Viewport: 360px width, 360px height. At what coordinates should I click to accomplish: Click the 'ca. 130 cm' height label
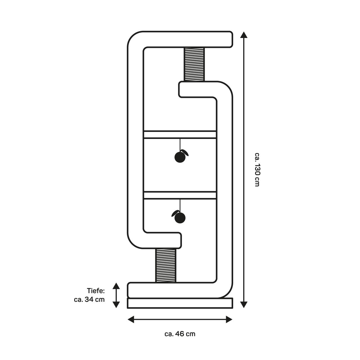tap(257, 170)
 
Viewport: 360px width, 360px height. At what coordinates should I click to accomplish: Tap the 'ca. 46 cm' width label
tap(180, 334)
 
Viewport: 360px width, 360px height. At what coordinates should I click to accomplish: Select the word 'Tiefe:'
tap(96, 290)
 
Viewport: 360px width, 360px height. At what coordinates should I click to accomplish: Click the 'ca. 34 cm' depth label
tap(89, 299)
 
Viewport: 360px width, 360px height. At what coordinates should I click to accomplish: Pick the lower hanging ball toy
tap(179, 218)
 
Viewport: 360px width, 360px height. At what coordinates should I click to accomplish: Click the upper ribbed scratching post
tap(194, 64)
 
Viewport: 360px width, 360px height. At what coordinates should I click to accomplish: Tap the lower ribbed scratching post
tap(166, 265)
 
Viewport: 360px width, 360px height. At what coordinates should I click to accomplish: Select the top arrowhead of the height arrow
tap(244, 35)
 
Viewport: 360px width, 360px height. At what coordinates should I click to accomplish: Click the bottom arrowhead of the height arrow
tap(244, 304)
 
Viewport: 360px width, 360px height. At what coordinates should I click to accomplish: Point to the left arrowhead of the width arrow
tap(131, 319)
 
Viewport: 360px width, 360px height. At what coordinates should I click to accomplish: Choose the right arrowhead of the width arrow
tap(229, 319)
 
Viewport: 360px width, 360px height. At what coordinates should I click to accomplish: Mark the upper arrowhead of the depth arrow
tap(116, 286)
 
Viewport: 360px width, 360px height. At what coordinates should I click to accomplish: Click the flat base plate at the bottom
tap(180, 303)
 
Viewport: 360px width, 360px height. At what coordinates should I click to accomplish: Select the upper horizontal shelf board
tap(180, 134)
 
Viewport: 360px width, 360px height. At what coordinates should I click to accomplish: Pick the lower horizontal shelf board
tap(180, 195)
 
